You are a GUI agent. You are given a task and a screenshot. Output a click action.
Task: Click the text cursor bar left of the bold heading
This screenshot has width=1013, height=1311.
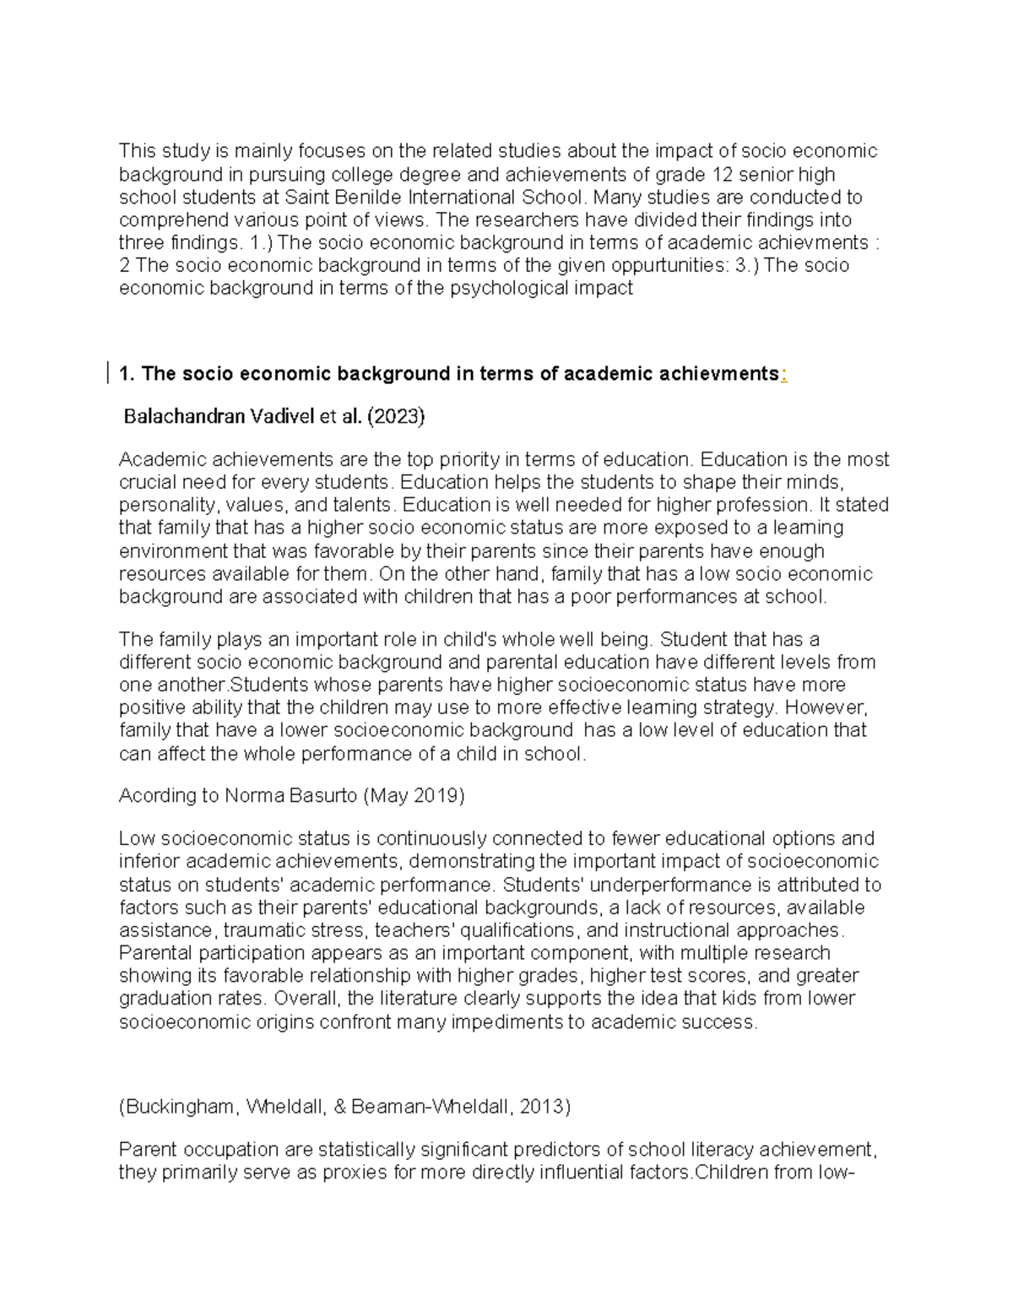[108, 373]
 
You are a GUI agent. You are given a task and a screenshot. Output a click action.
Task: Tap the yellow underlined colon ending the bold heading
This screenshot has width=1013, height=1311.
[783, 374]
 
